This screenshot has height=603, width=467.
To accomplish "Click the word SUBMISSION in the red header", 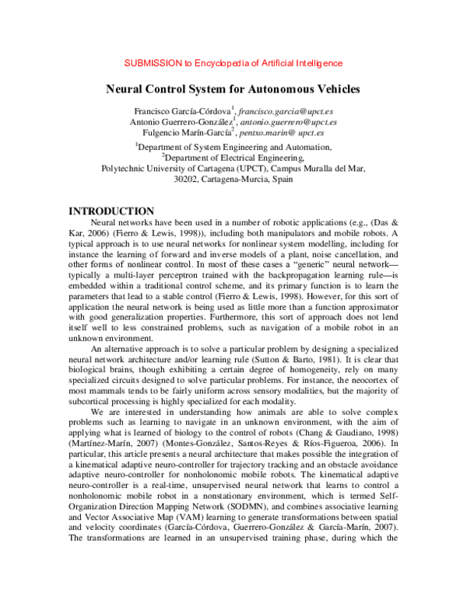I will pos(153,63).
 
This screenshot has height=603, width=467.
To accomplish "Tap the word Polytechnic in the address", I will pos(126,167).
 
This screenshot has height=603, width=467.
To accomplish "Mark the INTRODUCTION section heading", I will pos(112,211).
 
